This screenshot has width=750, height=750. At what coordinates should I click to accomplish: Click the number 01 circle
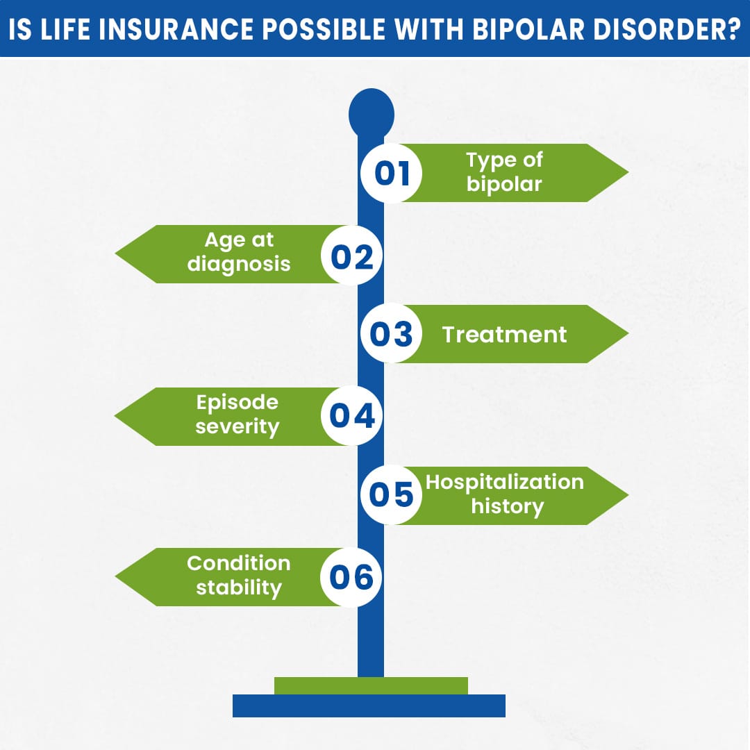pos(392,173)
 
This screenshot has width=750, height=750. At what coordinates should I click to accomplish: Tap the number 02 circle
pos(351,255)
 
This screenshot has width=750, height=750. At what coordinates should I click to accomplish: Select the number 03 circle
pos(392,334)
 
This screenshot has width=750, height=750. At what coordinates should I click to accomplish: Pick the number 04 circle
pos(351,415)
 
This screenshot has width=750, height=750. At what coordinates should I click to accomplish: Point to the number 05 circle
pos(392,495)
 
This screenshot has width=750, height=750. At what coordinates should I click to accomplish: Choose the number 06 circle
pos(351,577)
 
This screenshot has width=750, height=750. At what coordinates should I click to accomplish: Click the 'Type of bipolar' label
pos(504,172)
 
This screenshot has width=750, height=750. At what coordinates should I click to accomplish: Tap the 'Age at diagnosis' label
pos(239,252)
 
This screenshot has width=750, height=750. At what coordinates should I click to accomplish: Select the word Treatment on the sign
pos(504,335)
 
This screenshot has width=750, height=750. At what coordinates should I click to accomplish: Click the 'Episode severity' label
pos(237,415)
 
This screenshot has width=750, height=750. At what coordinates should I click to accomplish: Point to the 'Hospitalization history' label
pos(505,494)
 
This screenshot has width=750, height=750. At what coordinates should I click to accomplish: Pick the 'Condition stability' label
pos(238,576)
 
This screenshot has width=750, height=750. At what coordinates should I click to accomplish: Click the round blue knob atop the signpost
pos(371,113)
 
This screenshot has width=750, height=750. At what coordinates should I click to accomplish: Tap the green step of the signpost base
pos(371,685)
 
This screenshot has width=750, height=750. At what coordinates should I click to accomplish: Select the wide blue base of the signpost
pos(369,706)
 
